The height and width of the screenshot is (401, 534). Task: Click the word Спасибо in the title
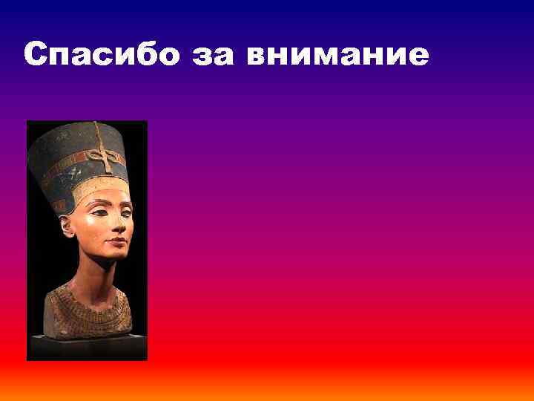(101, 55)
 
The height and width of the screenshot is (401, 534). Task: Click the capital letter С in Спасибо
(35, 55)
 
